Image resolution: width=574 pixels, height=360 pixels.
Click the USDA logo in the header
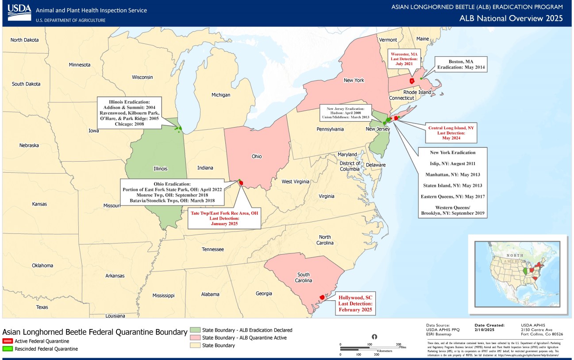[18, 13]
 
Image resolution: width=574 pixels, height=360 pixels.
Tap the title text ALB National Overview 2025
[511, 18]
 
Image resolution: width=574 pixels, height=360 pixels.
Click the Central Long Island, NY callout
[451, 133]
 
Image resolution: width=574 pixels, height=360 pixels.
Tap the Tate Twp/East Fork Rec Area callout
[224, 218]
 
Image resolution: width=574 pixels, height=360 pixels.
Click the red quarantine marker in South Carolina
[322, 297]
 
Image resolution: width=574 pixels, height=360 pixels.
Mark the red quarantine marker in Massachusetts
[412, 81]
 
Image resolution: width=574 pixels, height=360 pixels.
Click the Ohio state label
[257, 156]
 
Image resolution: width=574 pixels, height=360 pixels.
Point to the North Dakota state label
[25, 40]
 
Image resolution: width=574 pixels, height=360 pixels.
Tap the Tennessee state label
[213, 249]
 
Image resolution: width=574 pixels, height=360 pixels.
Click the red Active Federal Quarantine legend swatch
[8, 341]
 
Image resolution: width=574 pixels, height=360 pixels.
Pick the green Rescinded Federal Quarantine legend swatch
[8, 349]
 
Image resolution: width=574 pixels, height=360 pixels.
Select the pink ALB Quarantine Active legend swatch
[194, 338]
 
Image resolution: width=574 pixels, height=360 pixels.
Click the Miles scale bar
[370, 347]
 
